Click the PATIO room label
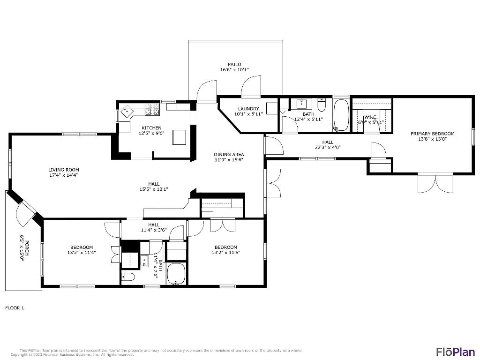pos(234,64)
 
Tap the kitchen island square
pos(180,137)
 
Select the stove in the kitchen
pos(152,110)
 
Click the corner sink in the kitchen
pos(126,113)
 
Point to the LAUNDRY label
pos(248,109)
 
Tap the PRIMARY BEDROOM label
pos(429,134)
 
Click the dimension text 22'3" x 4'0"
pos(328,147)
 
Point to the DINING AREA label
pos(229,154)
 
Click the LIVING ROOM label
pos(64,170)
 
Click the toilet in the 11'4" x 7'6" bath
pos(128,277)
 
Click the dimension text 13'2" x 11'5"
pos(226,253)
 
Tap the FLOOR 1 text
pos(15,308)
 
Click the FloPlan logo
pos(455,351)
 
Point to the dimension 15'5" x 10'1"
pos(154,189)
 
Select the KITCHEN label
pos(152,128)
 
